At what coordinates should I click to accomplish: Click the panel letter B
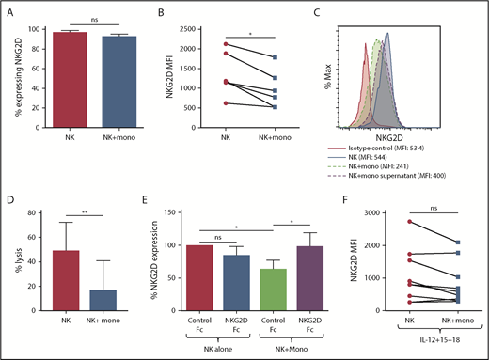pyautogui.click(x=187, y=14)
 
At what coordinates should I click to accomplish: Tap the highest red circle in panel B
pyautogui.click(x=224, y=44)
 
